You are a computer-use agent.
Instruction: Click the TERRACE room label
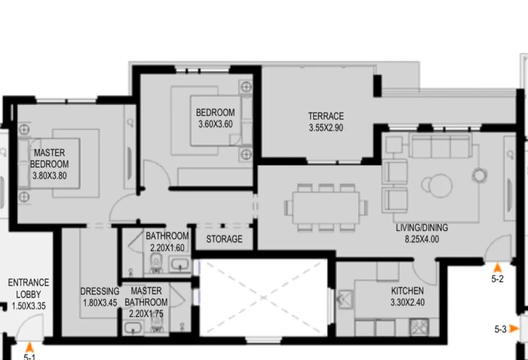[x=326, y=116]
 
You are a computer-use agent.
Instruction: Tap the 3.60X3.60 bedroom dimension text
[x=215, y=124]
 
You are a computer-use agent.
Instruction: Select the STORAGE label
[x=224, y=239]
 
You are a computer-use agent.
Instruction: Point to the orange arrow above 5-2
[x=497, y=268]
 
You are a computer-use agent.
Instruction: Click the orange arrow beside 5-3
[x=514, y=328]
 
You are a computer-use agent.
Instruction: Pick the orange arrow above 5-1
[x=29, y=348]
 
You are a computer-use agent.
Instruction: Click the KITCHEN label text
[x=407, y=291]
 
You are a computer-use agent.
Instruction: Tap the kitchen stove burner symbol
[x=419, y=327]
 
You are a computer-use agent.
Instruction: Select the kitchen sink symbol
[x=345, y=300]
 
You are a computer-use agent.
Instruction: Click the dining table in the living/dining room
[x=326, y=208]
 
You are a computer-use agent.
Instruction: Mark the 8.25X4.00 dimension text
[x=422, y=239]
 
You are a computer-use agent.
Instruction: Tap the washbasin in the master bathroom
[x=133, y=327]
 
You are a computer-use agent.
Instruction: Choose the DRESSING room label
[x=100, y=292]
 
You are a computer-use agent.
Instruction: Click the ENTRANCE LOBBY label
[x=29, y=288]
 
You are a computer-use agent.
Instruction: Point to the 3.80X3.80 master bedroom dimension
[x=49, y=176]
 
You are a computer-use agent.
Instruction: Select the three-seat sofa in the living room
[x=441, y=145]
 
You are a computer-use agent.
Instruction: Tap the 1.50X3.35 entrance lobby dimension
[x=29, y=306]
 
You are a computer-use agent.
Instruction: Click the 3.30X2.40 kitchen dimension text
[x=408, y=302]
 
